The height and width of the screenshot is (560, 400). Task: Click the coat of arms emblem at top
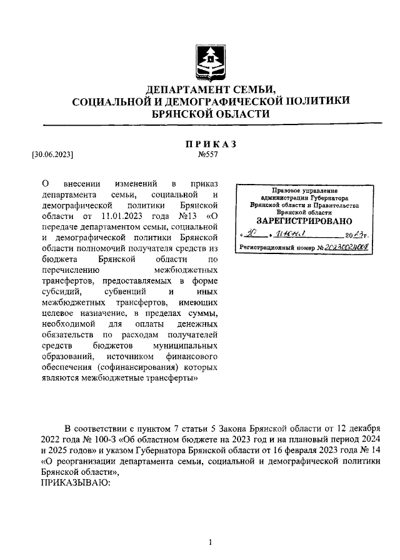[211, 60]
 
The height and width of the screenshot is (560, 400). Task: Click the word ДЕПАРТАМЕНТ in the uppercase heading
[184, 88]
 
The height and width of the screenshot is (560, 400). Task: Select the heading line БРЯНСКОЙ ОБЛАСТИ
[211, 114]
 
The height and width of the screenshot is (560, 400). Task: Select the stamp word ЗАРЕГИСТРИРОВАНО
[304, 221]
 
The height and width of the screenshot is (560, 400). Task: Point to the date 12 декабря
[359, 428]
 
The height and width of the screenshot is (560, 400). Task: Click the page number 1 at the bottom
[211, 542]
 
